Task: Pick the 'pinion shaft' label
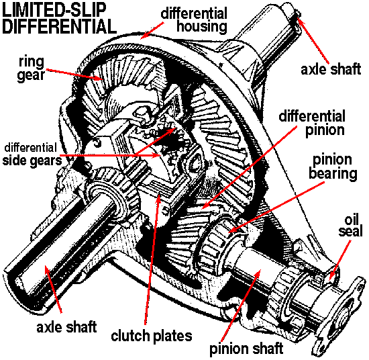246,349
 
